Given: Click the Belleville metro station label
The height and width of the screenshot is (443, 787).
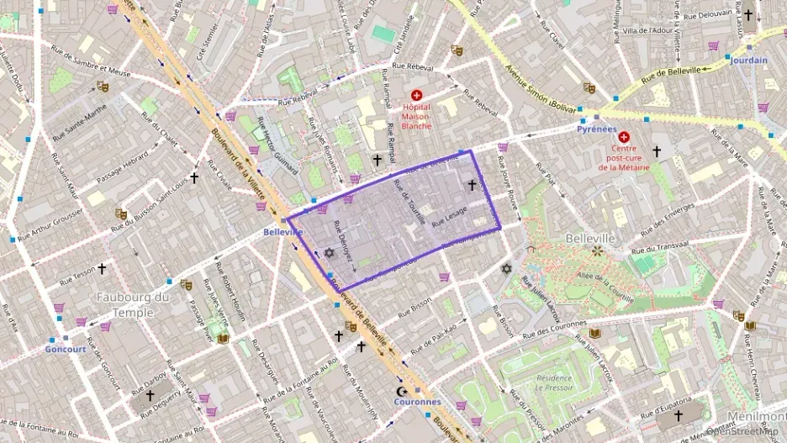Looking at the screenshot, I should tap(283, 231).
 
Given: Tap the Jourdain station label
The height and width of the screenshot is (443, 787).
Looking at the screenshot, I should tap(749, 61).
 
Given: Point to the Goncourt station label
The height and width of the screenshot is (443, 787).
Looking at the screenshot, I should tap(66, 349).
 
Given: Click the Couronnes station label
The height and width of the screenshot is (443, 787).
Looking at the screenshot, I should tap(417, 402).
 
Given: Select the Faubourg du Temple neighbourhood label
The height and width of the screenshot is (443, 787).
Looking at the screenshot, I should tap(133, 304).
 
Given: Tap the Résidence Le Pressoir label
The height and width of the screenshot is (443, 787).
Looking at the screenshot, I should tap(553, 383).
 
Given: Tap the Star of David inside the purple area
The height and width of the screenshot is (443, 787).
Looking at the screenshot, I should tap(329, 253).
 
